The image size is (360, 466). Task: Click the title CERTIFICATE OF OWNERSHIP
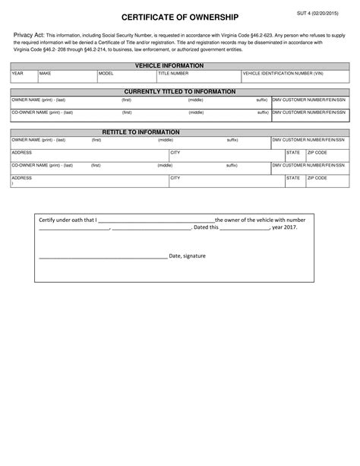[x=180, y=17]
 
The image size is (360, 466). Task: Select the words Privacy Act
[x=30, y=36]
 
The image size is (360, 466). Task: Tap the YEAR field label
[x=17, y=74]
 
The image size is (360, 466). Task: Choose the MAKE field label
[x=45, y=74]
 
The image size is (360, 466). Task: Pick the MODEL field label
[x=106, y=74]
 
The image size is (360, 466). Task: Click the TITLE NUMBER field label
[x=173, y=74]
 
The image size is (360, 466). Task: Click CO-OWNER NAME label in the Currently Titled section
[x=42, y=112]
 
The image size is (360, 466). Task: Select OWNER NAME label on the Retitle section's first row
[x=38, y=140]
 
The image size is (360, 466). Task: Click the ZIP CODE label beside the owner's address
[x=317, y=153]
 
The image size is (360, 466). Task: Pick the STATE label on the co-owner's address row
[x=293, y=178]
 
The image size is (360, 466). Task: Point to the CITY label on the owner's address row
[x=175, y=153]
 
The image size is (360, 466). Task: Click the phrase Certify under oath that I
[x=68, y=220]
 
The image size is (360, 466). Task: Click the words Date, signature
[x=187, y=255]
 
